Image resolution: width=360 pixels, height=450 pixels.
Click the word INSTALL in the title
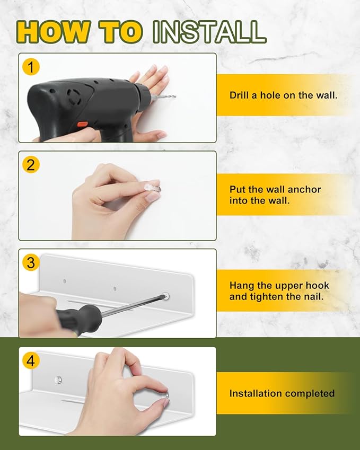tap(209, 32)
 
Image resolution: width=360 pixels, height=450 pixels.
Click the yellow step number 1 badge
tap(31, 67)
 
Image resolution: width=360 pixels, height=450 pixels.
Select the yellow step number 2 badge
tap(31, 165)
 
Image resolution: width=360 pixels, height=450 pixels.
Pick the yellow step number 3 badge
tap(31, 263)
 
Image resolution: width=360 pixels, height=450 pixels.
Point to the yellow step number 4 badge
tap(31, 361)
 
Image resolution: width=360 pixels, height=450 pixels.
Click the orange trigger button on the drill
tap(82, 124)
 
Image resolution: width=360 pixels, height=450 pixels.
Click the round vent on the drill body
tap(74, 96)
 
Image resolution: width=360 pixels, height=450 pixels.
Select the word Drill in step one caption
tap(239, 95)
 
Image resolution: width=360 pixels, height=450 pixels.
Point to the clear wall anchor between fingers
tap(153, 188)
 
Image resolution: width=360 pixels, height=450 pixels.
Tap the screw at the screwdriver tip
tap(166, 296)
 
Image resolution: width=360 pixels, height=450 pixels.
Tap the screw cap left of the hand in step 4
tap(58, 380)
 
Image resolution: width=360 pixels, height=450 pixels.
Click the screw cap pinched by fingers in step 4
tap(166, 396)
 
